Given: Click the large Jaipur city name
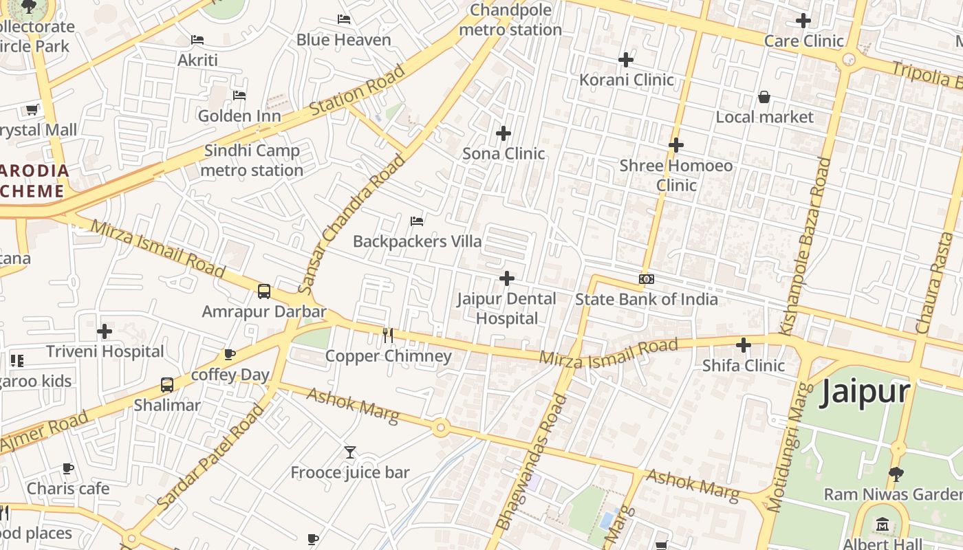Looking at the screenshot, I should coord(865,393).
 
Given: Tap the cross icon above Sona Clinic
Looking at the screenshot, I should coord(504,133).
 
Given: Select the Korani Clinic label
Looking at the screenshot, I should coord(626,80).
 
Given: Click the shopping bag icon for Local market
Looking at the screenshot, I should coord(764,97).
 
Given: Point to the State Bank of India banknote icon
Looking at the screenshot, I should coord(647,279).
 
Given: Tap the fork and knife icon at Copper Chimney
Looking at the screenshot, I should coord(388,335).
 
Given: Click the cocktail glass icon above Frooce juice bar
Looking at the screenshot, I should coord(350,452).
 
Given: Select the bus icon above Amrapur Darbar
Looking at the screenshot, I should coord(264,291).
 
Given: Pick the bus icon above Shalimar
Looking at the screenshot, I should coord(167,385).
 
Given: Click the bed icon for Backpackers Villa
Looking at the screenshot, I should coord(417,221).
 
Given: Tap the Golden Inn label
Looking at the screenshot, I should coord(239,115).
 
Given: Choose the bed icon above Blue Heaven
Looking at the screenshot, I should coord(344,19).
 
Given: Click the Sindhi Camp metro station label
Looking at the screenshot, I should coord(252,160).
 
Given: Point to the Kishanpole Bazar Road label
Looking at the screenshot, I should coord(815,246).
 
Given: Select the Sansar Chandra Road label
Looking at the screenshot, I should coord(352,224).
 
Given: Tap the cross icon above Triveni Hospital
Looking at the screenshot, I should coord(105,331).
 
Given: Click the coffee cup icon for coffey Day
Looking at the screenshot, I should coord(230,355).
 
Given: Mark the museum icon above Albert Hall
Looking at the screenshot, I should coord(883,526).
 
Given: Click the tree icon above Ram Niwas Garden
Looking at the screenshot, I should coord(896,474).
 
